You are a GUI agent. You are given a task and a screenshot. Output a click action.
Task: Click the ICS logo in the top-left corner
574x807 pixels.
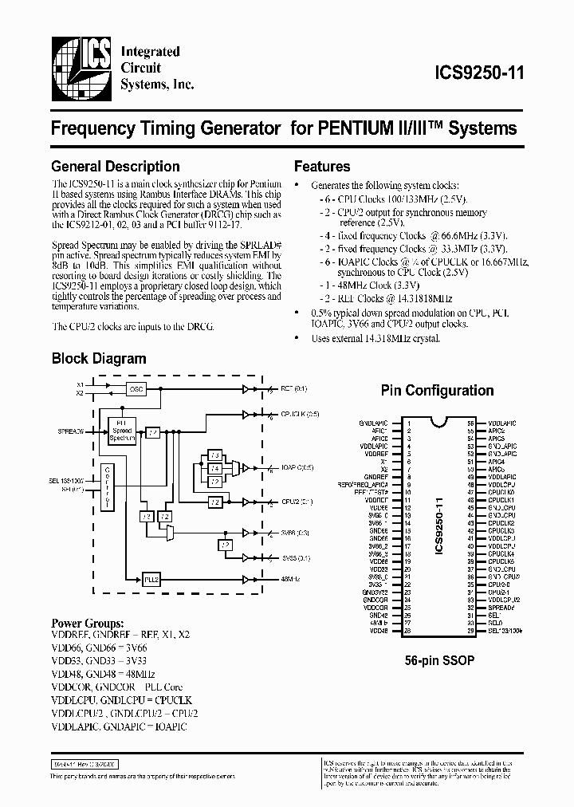[x=80, y=68]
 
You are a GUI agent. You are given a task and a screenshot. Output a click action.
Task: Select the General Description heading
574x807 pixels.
[x=116, y=167]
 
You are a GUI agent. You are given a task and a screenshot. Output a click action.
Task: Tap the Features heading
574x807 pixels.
[x=322, y=167]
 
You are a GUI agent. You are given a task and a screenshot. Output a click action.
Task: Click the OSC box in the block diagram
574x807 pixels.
[x=136, y=388]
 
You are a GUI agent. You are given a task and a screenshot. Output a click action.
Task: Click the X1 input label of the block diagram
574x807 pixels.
[x=80, y=384]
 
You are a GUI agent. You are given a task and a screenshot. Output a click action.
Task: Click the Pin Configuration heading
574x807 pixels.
[x=437, y=391]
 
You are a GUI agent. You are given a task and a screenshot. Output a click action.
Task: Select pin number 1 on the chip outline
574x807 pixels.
[x=408, y=423]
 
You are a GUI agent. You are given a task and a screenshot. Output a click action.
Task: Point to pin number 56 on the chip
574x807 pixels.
[x=470, y=423]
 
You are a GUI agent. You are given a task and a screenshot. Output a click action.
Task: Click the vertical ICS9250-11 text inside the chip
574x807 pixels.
[x=439, y=526]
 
